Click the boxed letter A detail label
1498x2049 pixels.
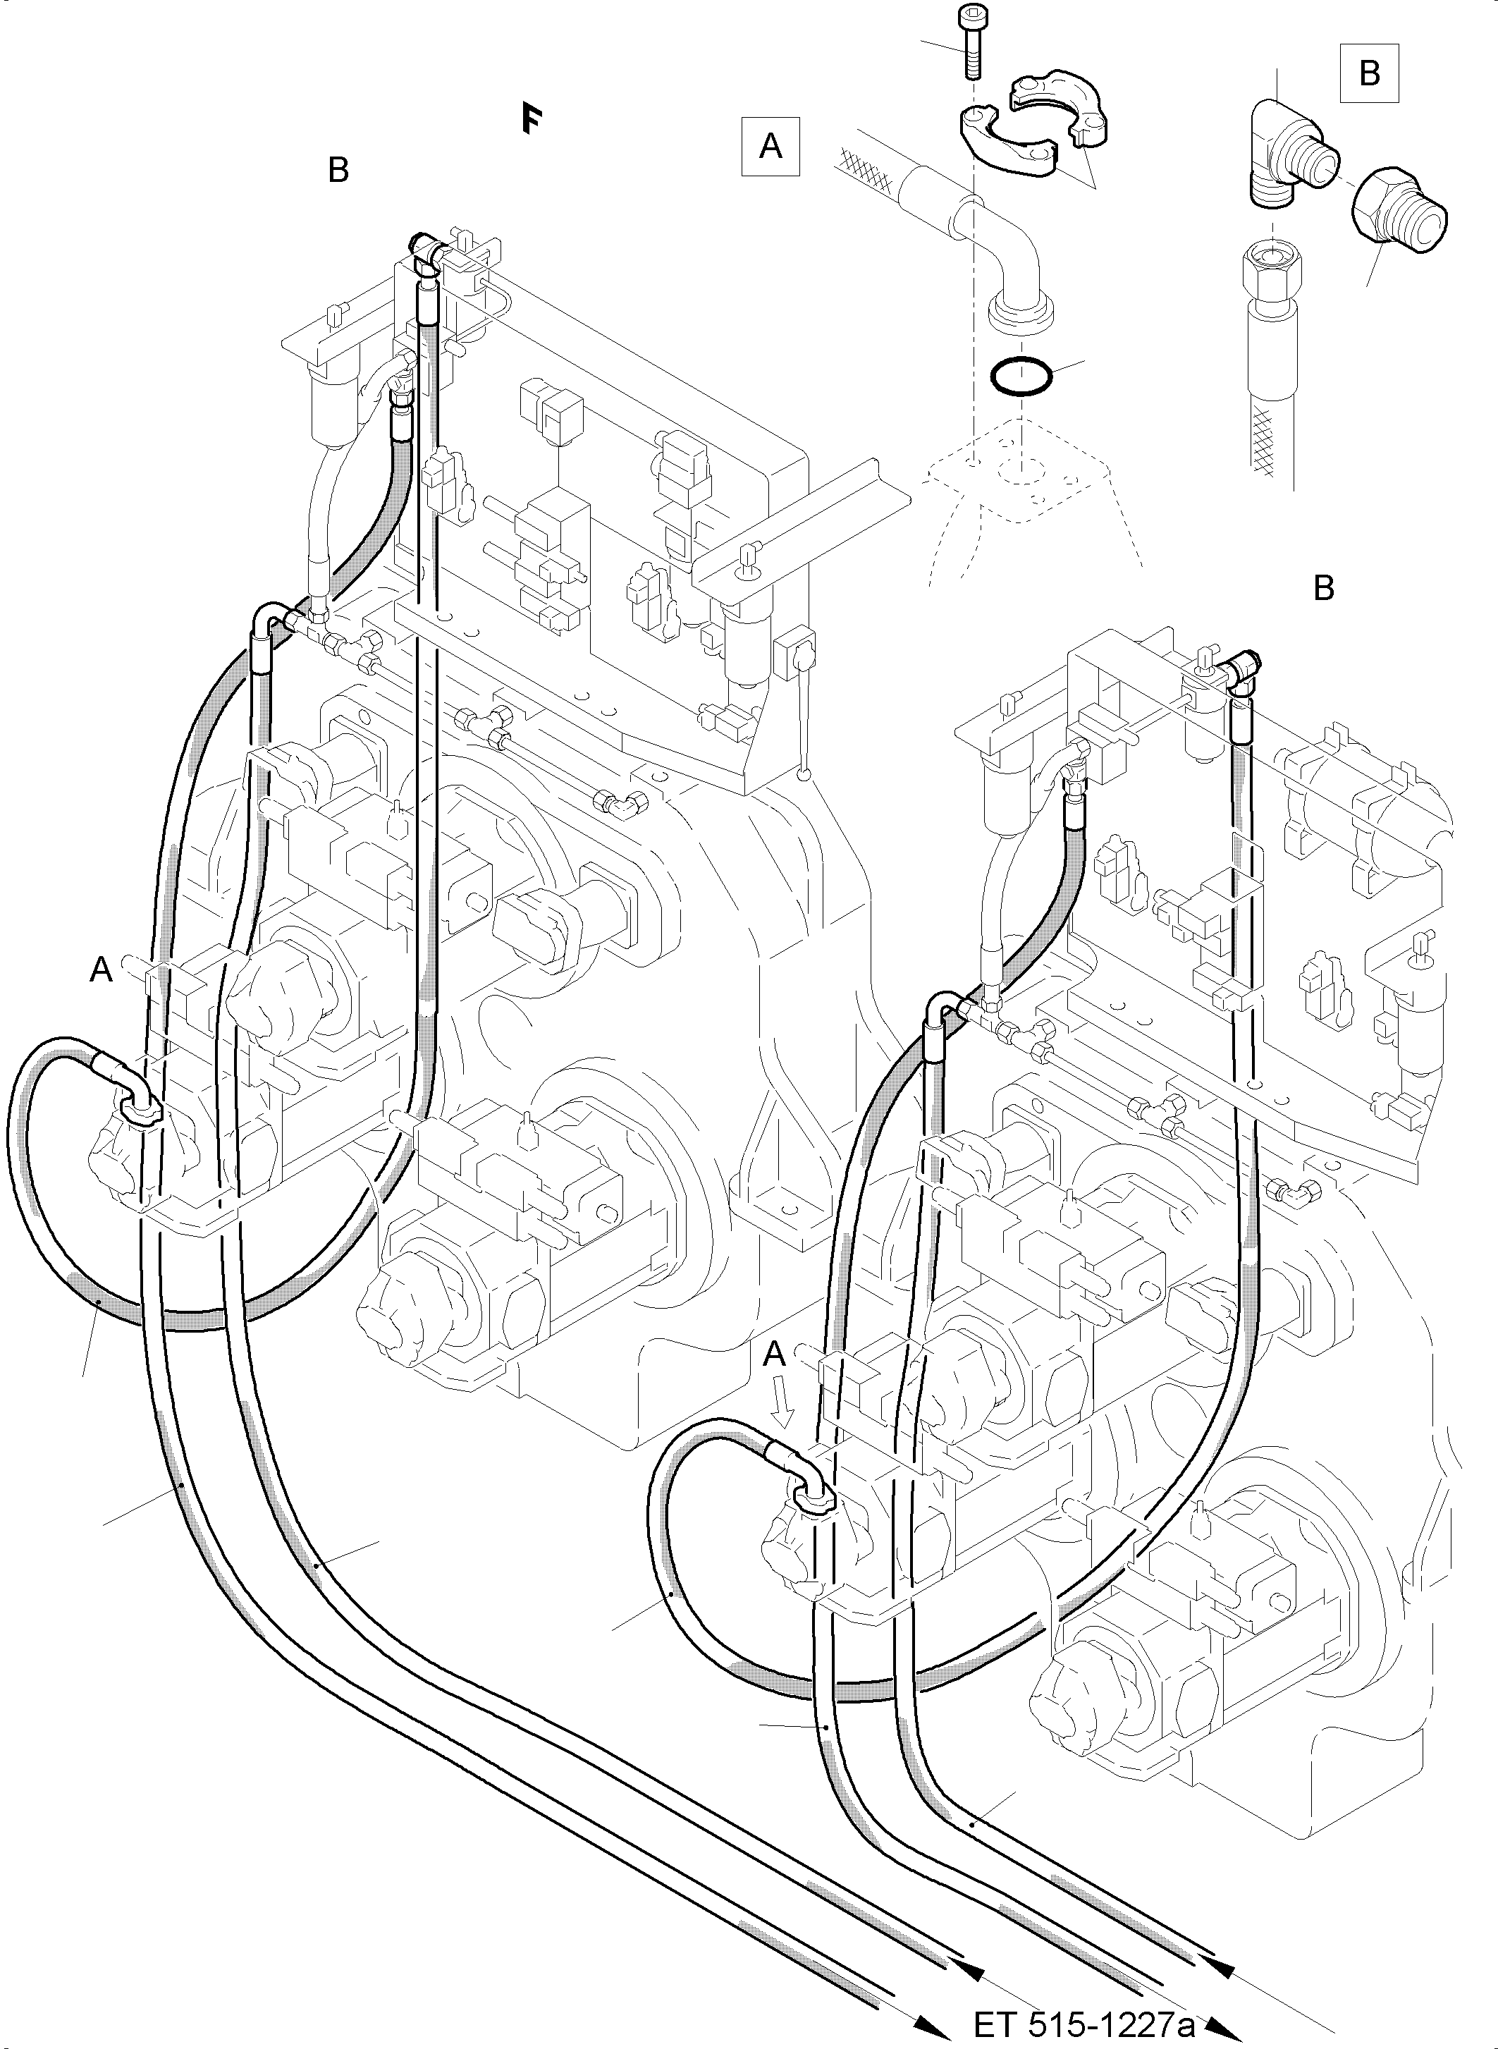pos(770,145)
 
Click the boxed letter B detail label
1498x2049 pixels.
pos(1369,72)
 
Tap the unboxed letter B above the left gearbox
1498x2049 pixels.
pos(338,170)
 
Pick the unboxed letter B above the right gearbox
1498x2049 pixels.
pos(1323,589)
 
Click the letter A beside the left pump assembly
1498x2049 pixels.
pos(101,970)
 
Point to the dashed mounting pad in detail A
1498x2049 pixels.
pos(1020,481)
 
